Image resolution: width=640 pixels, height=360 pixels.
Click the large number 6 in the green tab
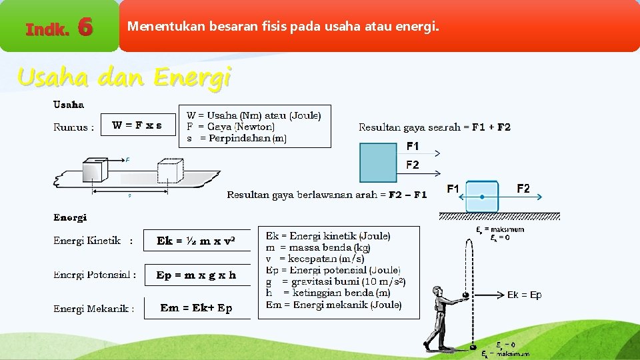pyautogui.click(x=84, y=27)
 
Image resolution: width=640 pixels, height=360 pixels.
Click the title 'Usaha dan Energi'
pyautogui.click(x=124, y=78)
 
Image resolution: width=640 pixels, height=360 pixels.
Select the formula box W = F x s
pyautogui.click(x=137, y=125)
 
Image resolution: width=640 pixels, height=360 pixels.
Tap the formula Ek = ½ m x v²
pyautogui.click(x=195, y=241)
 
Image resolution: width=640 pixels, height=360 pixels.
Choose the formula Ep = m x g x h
pyautogui.click(x=196, y=275)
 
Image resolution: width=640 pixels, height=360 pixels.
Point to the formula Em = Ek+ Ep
pyautogui.click(x=196, y=308)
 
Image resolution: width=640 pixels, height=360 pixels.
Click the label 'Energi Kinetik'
pyautogui.click(x=87, y=241)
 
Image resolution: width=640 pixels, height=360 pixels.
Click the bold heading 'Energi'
pyautogui.click(x=70, y=217)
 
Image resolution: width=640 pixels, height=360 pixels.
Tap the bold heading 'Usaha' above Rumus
pyautogui.click(x=69, y=105)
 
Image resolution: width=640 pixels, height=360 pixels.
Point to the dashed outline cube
pyautogui.click(x=170, y=171)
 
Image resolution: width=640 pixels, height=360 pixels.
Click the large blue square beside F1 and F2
pyautogui.click(x=377, y=163)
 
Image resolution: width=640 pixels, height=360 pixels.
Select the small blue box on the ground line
pyautogui.click(x=481, y=197)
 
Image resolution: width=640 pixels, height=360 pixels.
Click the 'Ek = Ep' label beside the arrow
pyautogui.click(x=524, y=295)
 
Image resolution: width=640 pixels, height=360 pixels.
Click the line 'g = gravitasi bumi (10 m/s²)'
pyautogui.click(x=335, y=281)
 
